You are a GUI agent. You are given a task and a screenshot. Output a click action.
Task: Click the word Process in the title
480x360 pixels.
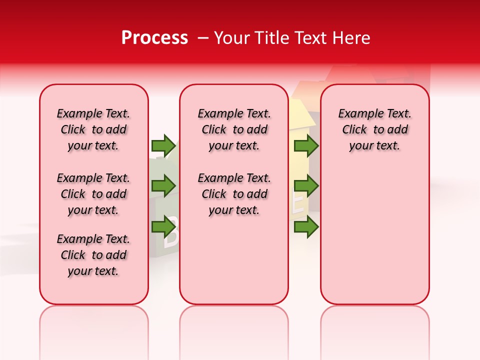click(154, 38)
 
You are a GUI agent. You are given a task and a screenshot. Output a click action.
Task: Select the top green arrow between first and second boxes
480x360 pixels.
click(163, 145)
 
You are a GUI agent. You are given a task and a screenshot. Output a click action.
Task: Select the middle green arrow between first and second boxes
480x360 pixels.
click(163, 186)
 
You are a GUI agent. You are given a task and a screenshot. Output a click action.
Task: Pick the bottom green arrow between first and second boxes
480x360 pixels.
click(163, 227)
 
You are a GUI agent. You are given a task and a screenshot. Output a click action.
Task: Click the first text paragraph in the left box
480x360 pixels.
click(93, 129)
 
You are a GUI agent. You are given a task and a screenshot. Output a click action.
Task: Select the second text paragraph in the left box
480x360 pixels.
click(93, 194)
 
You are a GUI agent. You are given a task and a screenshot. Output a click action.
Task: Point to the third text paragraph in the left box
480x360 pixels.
click(93, 255)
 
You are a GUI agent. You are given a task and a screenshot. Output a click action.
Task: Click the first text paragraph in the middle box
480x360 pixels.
click(234, 129)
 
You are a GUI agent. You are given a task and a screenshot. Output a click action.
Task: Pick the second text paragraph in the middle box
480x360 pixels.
click(234, 194)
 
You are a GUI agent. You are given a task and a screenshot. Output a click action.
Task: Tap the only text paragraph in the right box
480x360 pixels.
click(375, 129)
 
